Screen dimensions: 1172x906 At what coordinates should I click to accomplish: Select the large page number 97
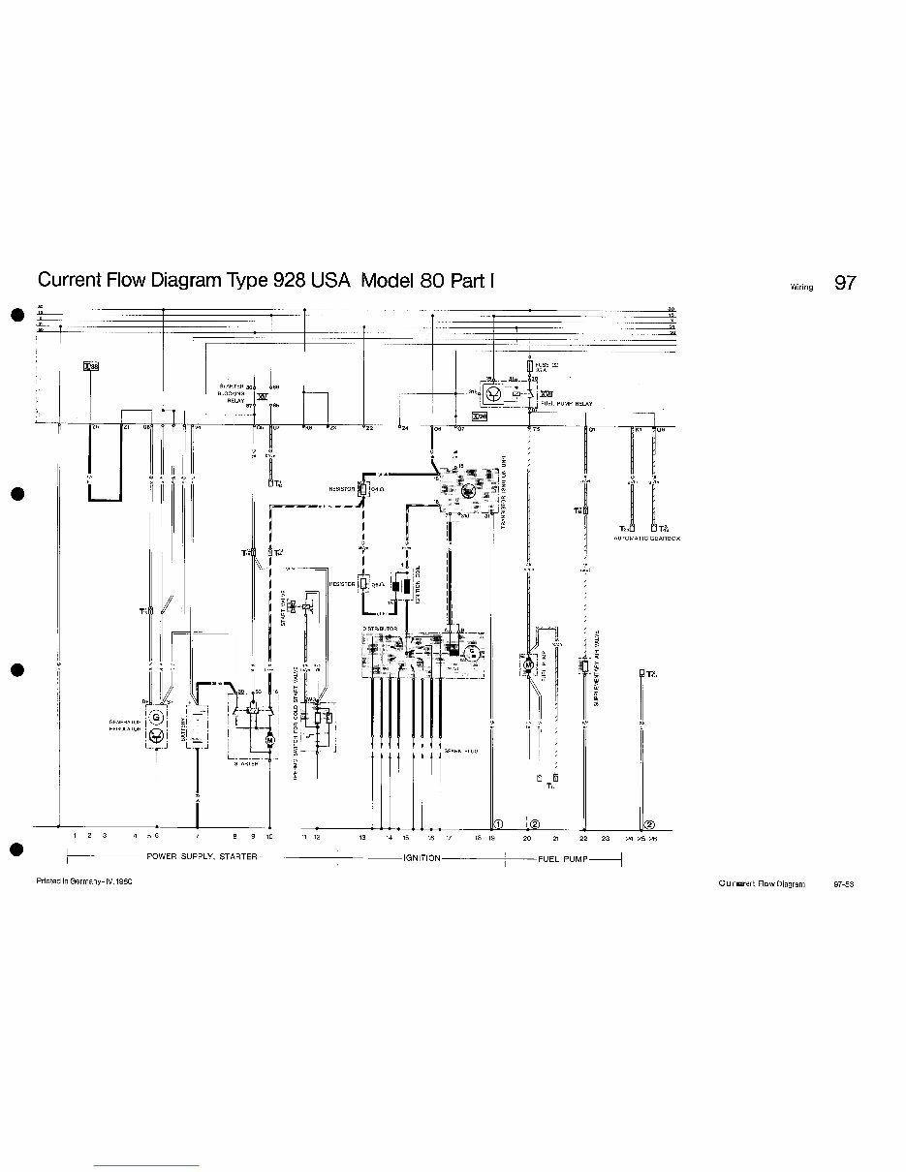tap(845, 283)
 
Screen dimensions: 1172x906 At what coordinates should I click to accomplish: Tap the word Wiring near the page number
tap(801, 287)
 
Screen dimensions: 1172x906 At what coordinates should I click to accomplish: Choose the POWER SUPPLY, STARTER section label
tap(202, 857)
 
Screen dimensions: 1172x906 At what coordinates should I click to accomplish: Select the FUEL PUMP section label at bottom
tap(562, 858)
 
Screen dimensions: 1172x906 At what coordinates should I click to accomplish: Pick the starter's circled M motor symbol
tap(270, 740)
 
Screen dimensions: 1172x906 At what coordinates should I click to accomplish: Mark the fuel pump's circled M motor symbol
tap(529, 665)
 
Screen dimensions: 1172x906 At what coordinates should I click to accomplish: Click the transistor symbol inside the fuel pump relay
tap(494, 394)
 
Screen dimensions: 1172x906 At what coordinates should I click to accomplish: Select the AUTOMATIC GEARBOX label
tap(646, 539)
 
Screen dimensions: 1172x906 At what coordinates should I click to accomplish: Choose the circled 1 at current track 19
tap(495, 823)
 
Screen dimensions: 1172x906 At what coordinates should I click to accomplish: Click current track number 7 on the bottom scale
tap(198, 835)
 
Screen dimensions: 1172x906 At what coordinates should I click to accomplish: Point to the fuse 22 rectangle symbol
tap(530, 367)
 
